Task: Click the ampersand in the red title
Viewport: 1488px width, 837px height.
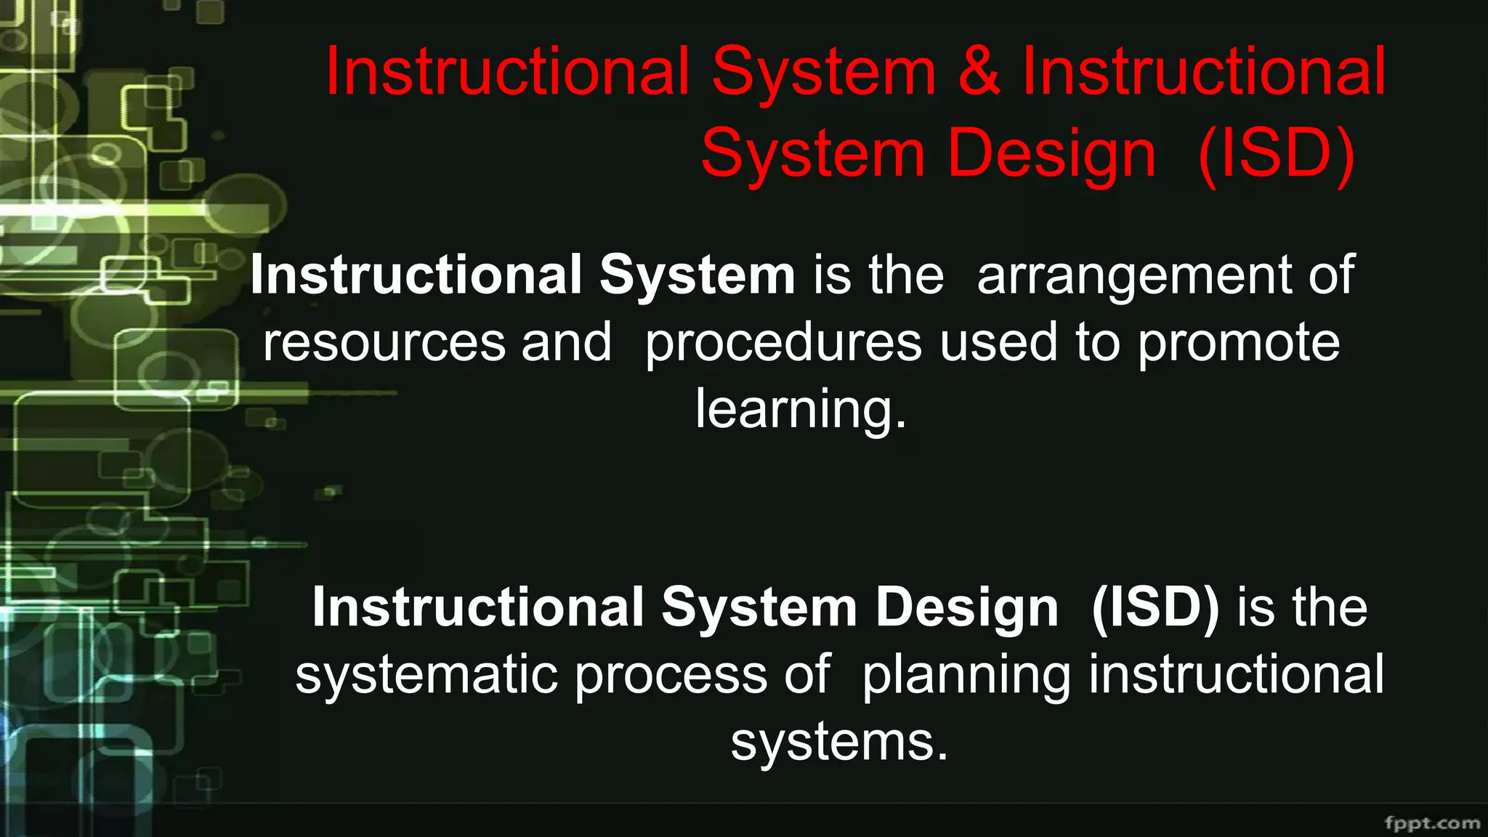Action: (x=979, y=71)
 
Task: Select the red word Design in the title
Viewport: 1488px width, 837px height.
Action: (x=1051, y=154)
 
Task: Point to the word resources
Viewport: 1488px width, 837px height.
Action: (x=384, y=343)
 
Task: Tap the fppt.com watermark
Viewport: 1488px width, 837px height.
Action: (x=1432, y=823)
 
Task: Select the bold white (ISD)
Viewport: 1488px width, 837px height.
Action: (x=1155, y=608)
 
